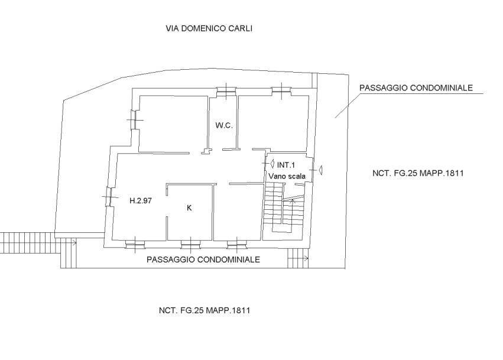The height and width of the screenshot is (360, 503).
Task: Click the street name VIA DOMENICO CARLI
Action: [209, 28]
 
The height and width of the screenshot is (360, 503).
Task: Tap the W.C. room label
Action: [224, 125]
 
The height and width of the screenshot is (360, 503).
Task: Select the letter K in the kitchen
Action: [189, 208]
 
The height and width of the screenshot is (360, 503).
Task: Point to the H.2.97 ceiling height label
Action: [141, 201]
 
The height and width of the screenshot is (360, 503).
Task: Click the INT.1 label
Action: [286, 166]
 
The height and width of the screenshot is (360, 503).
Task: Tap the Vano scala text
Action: [287, 176]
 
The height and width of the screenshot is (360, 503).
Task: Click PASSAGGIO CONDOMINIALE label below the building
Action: [203, 260]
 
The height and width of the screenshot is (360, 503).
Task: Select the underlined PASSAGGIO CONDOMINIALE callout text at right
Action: [416, 88]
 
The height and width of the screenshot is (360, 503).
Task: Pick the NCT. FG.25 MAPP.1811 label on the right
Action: [418, 173]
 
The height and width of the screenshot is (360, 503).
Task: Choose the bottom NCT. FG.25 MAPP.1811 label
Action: [205, 310]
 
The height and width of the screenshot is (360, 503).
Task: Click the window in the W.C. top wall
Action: [226, 91]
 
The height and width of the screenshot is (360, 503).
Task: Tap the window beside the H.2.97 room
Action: [108, 196]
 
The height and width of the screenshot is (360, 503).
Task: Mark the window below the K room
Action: [191, 244]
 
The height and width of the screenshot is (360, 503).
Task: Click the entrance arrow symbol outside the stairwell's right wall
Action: [320, 170]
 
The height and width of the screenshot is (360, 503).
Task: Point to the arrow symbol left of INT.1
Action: [272, 164]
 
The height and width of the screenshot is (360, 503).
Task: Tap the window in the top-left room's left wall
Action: [134, 120]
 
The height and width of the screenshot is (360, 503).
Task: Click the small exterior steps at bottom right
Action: [298, 258]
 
